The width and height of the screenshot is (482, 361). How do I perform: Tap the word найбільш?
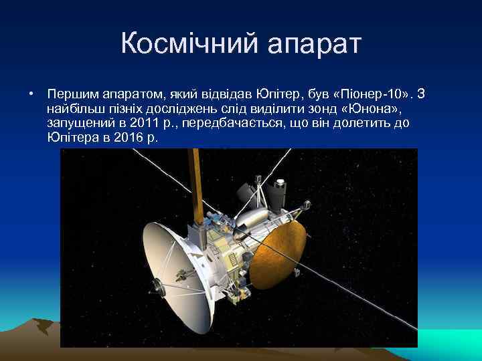[x=73, y=108]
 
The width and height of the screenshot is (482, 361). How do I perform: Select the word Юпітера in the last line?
[x=72, y=138]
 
